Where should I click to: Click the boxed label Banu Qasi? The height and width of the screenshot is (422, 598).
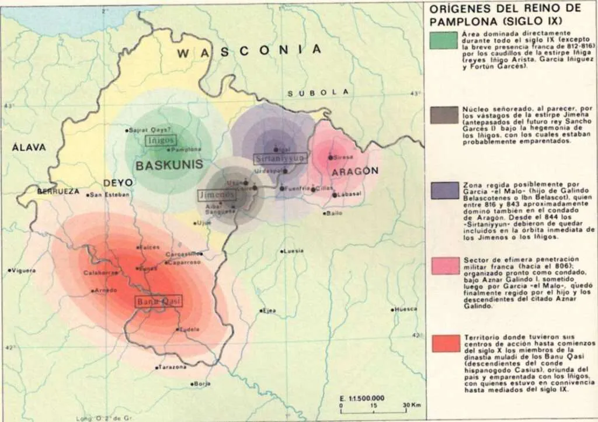point(158,302)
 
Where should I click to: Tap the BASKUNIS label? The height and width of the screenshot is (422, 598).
point(169,165)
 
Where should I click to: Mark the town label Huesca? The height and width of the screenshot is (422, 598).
point(406,309)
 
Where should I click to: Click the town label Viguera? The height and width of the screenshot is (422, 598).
point(24,271)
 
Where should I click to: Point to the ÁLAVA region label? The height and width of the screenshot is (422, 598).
point(29,147)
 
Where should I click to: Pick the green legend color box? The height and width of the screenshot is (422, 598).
point(444,40)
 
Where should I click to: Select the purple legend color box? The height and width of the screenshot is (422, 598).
point(444,191)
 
